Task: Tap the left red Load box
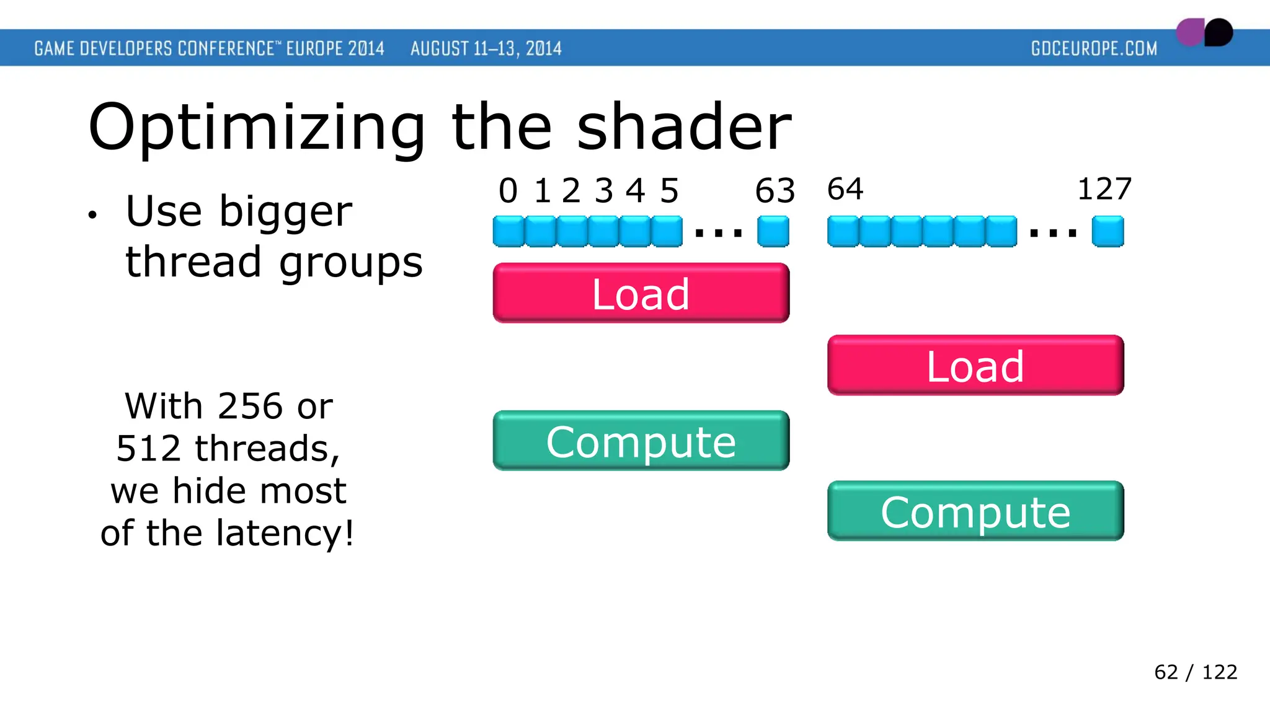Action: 641,293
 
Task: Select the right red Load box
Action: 975,366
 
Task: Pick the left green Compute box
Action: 641,441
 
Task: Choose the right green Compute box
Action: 975,511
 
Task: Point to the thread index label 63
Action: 775,191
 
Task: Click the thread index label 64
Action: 845,189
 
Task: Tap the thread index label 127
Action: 1104,189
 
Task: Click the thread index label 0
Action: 508,191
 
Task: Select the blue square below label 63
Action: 773,232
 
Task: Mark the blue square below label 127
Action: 1108,232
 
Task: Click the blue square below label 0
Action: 508,232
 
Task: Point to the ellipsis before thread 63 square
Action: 719,234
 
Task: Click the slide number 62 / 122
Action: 1195,672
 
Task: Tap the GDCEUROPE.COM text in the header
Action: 1094,48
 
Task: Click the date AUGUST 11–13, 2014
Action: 486,48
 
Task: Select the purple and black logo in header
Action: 1204,32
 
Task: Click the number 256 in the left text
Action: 251,407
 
